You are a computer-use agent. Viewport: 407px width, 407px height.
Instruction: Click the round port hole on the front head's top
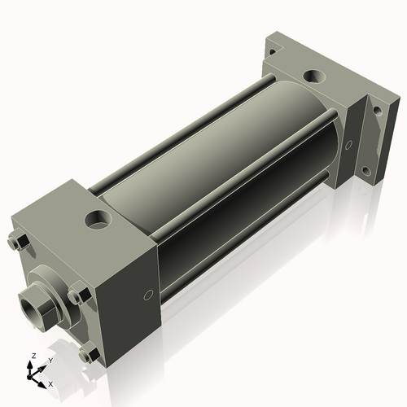coord(98,219)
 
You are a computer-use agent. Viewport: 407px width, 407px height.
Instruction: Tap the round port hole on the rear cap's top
coord(314,77)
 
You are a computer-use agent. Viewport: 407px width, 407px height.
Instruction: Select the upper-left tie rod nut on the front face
coord(18,240)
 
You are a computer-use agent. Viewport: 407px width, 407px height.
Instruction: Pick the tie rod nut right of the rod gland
coord(78,295)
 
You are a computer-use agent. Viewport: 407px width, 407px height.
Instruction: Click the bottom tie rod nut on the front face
coord(89,353)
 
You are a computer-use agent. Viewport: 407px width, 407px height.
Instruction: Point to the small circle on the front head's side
coord(148,295)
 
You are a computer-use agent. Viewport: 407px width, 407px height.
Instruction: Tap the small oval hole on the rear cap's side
coord(348,145)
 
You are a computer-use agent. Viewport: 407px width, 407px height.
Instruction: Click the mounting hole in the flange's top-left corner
coord(272,51)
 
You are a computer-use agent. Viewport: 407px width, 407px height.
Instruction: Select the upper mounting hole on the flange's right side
coord(378,110)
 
